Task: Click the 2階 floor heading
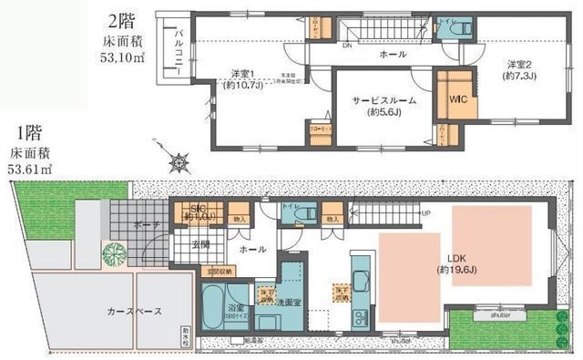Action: pos(121,20)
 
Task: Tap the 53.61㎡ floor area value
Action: pos(29,169)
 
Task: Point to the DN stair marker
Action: pos(348,45)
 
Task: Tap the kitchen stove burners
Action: pos(359,319)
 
